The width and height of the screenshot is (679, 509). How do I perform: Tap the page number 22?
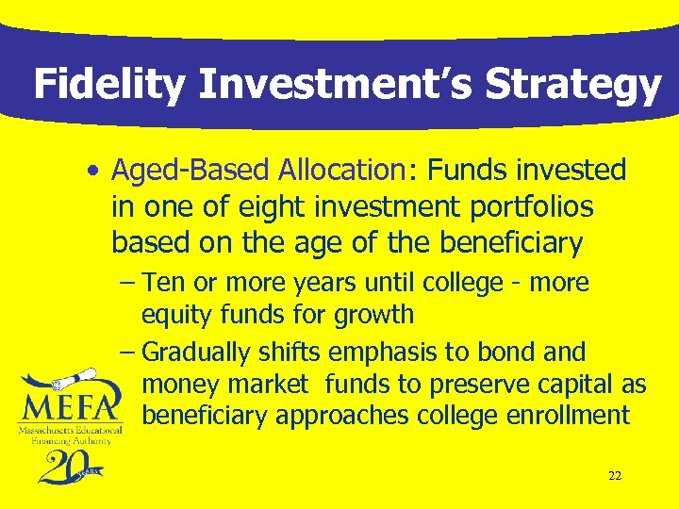point(614,476)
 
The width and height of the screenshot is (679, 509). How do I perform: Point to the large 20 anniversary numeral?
point(62,464)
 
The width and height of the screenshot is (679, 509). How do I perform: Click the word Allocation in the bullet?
point(341,171)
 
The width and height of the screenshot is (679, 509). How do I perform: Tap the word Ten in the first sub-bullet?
point(165,283)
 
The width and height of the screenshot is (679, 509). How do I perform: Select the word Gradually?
point(199,353)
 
